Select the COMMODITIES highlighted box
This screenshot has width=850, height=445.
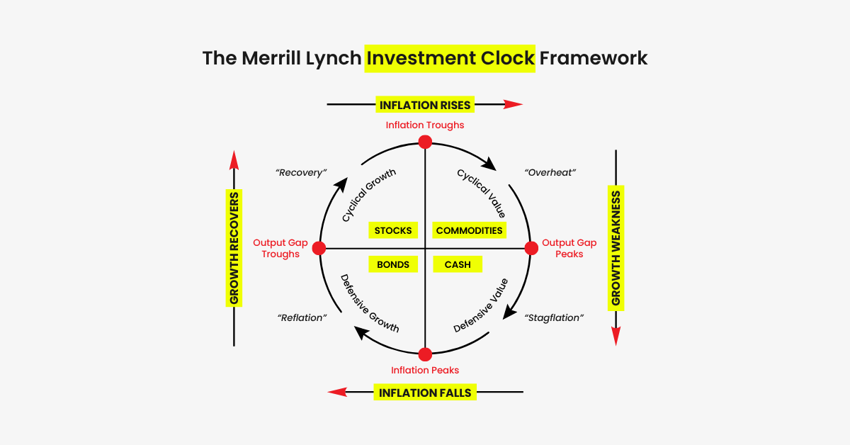click(469, 230)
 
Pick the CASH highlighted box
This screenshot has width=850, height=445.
click(458, 264)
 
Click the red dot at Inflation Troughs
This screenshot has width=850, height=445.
click(425, 142)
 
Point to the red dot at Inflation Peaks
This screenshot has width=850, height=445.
click(425, 354)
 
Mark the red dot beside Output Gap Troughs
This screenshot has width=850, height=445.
click(319, 248)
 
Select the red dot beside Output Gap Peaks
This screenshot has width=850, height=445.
click(531, 248)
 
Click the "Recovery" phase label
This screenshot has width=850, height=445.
click(301, 172)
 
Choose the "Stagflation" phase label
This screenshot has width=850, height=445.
click(554, 317)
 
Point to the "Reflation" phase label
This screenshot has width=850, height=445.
click(302, 317)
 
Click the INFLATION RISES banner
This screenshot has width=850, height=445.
click(425, 105)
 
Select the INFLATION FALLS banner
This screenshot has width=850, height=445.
click(425, 393)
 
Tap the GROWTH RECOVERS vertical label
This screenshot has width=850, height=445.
click(234, 247)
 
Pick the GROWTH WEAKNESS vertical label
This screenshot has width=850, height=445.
click(616, 247)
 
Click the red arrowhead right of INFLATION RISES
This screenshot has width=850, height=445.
click(514, 104)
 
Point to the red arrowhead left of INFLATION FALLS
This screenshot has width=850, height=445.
click(336, 392)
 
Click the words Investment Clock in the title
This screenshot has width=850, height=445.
click(450, 57)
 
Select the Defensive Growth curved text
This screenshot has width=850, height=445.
click(369, 304)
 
